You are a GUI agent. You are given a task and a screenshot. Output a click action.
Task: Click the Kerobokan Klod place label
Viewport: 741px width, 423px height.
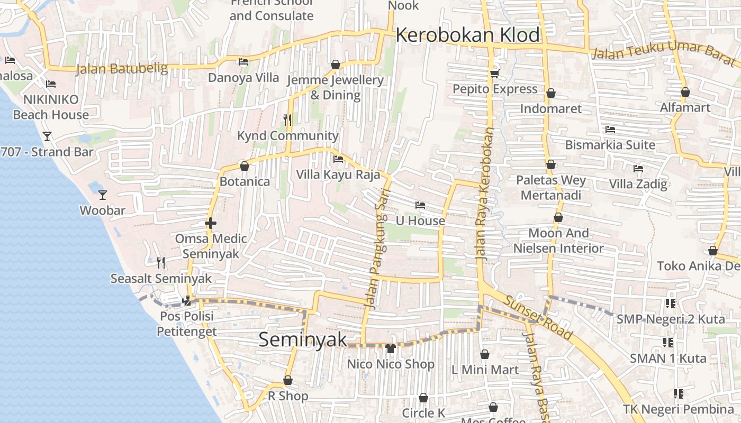pos(468,35)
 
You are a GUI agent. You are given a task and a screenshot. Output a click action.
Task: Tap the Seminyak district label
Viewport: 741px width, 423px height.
pos(303,339)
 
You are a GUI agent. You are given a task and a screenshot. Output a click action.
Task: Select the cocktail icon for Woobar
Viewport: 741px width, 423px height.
pos(103,195)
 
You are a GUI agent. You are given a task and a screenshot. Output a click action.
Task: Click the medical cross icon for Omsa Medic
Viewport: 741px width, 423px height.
pos(211,223)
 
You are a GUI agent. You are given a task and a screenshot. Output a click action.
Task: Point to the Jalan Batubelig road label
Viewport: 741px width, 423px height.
pos(122,69)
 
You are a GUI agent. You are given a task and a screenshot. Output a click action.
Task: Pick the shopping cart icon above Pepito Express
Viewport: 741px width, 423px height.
pos(495,73)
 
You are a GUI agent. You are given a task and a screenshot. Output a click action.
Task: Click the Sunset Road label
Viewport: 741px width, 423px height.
pos(538,317)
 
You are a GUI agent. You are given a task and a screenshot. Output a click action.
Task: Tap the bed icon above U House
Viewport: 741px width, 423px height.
pos(420,205)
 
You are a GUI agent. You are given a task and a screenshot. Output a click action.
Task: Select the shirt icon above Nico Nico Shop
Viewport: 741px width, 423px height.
pos(391,348)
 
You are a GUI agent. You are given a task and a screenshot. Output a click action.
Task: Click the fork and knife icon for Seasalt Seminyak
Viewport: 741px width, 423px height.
pos(161,262)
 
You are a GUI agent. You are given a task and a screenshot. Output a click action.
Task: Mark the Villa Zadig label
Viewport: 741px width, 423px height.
pos(638,184)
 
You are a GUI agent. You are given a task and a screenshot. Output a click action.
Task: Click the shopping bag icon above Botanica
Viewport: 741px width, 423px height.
pos(245,166)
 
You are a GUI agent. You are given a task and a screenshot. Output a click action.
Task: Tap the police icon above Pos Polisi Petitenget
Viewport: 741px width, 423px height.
pos(186,301)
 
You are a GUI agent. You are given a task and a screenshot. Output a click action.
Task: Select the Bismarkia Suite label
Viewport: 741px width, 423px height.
pos(610,145)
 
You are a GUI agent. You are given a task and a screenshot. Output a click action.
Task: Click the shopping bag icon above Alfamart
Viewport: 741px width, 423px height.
pos(685,92)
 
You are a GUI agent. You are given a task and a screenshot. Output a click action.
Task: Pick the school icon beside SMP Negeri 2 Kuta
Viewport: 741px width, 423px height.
pos(671,304)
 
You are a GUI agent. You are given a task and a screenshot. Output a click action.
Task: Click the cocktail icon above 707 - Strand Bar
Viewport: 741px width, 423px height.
pos(47,136)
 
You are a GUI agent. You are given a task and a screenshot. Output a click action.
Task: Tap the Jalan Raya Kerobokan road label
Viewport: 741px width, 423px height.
pos(485,193)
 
